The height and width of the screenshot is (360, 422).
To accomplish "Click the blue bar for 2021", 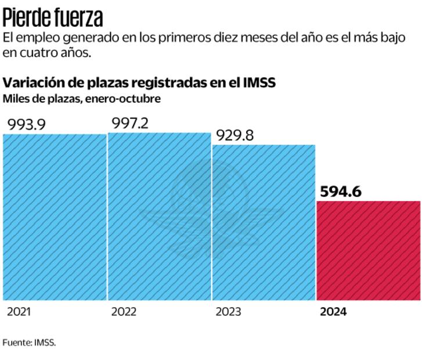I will [x=55, y=217].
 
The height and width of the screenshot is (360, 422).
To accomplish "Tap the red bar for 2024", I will [x=368, y=250].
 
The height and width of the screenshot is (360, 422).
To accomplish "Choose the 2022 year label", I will [x=123, y=312].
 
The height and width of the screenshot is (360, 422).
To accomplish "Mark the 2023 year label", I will [x=228, y=312].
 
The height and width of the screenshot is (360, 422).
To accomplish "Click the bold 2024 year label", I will [x=333, y=312].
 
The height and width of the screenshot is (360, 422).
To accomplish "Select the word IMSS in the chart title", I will [x=259, y=82].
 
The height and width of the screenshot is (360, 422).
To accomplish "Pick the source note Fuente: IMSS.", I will [x=29, y=343].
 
